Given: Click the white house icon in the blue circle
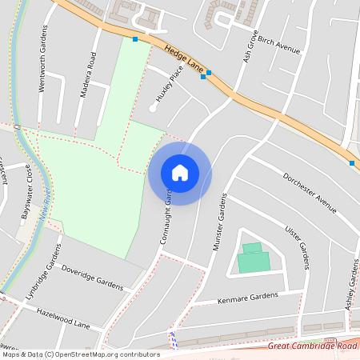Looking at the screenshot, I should pyautogui.click(x=180, y=173).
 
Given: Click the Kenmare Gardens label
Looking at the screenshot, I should pyautogui.click(x=247, y=298).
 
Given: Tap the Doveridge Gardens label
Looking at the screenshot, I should pyautogui.click(x=92, y=278).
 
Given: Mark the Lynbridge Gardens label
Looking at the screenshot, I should pyautogui.click(x=42, y=282).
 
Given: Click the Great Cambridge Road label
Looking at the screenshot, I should pyautogui.click(x=312, y=346).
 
